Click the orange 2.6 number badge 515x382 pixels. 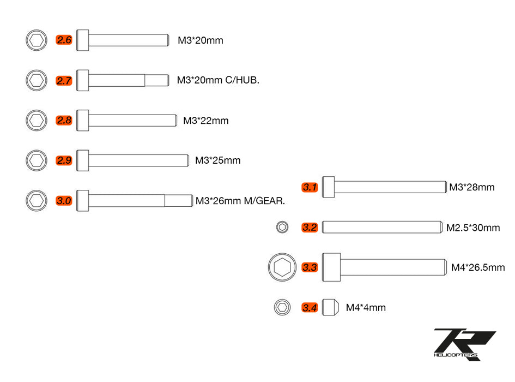[x=64, y=40]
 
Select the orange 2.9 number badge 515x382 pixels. [x=64, y=160]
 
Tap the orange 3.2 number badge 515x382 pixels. [x=310, y=228]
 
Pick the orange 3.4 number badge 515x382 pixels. [x=310, y=308]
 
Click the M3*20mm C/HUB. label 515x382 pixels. [x=218, y=80]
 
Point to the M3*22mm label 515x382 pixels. [x=205, y=121]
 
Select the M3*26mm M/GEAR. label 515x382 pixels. [x=240, y=201]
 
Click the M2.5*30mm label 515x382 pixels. [x=472, y=228]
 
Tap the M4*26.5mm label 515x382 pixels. [x=478, y=267]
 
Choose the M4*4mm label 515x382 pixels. [x=366, y=308]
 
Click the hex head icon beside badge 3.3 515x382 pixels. [x=282, y=267]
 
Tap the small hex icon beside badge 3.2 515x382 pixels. [x=282, y=228]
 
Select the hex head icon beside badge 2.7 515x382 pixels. [x=37, y=80]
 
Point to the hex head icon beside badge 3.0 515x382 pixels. [x=37, y=200]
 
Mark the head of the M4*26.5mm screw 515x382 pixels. [x=331, y=267]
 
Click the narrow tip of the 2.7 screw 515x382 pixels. [x=155, y=80]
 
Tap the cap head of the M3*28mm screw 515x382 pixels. [x=328, y=187]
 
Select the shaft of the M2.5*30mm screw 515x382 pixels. [x=381, y=227]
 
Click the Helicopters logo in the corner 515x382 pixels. [x=464, y=344]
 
